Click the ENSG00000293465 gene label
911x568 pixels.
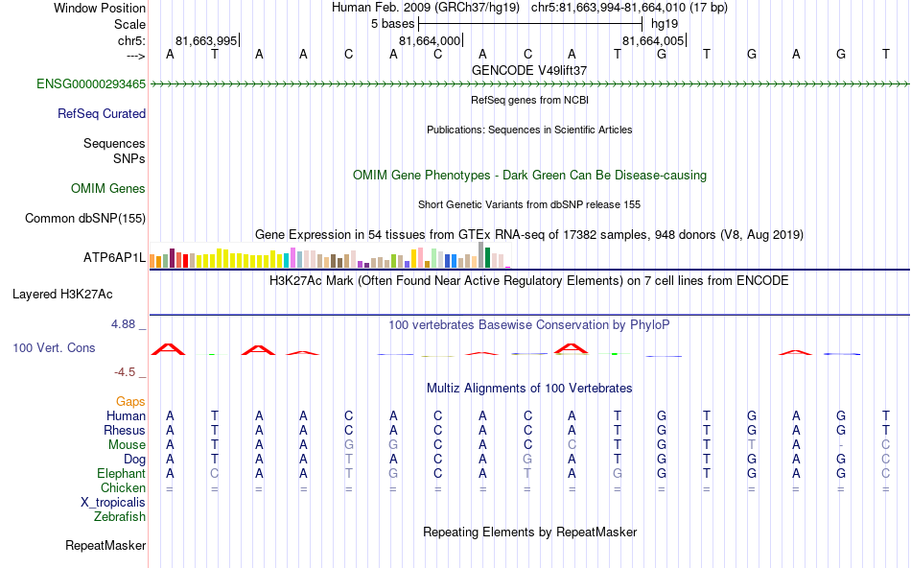coord(91,84)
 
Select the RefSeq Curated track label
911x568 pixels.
coord(102,113)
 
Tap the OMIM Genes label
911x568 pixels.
coord(108,189)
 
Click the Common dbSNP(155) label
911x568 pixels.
coord(85,218)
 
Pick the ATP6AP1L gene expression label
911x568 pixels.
coord(114,258)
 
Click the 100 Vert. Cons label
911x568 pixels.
coord(54,347)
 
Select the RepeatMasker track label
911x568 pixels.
coord(105,546)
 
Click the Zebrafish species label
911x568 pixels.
coord(120,517)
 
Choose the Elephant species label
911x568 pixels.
coord(121,474)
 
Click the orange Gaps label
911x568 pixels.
coord(130,401)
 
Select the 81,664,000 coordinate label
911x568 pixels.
coord(430,40)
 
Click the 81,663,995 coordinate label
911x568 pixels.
coord(206,40)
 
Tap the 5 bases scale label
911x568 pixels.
coord(392,23)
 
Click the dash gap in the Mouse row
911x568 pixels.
coord(840,445)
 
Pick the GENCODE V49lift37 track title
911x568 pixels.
coord(529,70)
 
